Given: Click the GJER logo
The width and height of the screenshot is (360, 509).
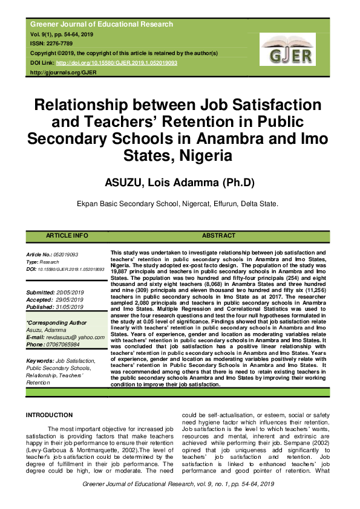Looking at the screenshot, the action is click(287, 49).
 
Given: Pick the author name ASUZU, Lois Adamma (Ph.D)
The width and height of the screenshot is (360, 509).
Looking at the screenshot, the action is click(180, 183).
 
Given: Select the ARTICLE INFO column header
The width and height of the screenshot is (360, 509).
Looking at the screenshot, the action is click(67, 236).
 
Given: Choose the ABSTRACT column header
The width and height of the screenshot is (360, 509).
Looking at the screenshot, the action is click(218, 236).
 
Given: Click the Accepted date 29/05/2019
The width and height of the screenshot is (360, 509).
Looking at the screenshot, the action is click(73, 299).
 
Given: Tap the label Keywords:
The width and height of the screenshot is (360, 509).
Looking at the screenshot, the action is click(40, 360).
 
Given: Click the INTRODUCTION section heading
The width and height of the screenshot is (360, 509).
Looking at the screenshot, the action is click(49, 415).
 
